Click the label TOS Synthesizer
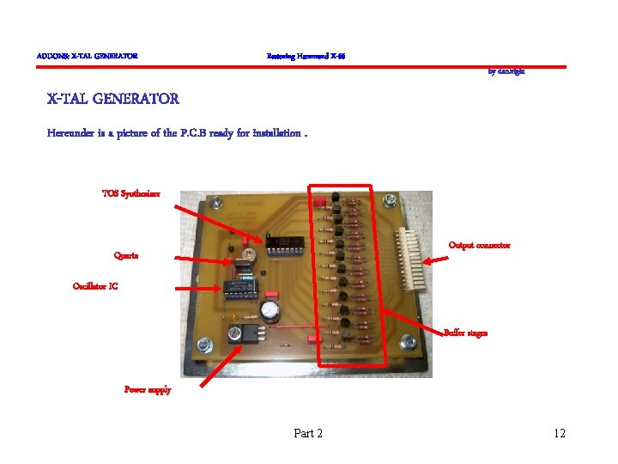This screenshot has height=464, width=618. pyautogui.click(x=130, y=193)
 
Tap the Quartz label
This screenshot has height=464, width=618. pyautogui.click(x=126, y=255)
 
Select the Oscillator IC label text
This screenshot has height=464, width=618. pyautogui.click(x=95, y=286)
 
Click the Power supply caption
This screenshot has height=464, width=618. pyautogui.click(x=148, y=389)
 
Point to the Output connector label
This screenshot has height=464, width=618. pyautogui.click(x=479, y=245)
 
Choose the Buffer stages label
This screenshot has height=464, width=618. pyautogui.click(x=465, y=333)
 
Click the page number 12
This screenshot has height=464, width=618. pyautogui.click(x=560, y=433)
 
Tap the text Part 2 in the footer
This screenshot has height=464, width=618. pyautogui.click(x=308, y=433)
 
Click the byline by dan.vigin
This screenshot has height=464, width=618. pyautogui.click(x=506, y=72)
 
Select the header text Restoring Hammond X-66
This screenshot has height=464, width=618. pyautogui.click(x=306, y=57)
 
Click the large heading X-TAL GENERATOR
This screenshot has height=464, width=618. pyautogui.click(x=113, y=99)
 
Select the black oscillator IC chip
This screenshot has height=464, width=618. pyautogui.click(x=235, y=288)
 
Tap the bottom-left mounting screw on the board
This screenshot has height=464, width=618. pyautogui.click(x=204, y=345)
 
